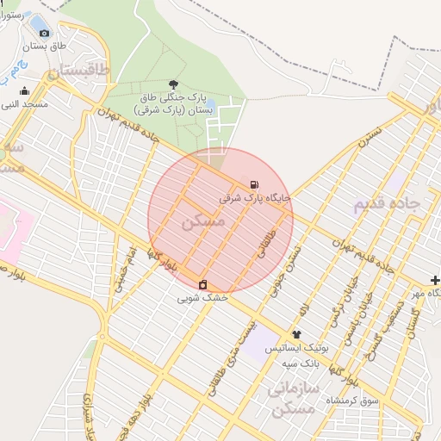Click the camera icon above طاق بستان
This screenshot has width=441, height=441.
(44, 33)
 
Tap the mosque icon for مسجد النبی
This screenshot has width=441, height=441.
(23, 90)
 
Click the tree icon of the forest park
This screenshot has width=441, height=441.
(175, 84)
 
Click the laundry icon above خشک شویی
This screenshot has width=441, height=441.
(202, 284)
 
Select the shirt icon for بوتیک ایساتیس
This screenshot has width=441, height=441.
(297, 334)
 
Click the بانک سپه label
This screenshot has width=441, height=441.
(302, 363)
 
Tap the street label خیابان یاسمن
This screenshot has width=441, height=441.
(348, 328)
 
